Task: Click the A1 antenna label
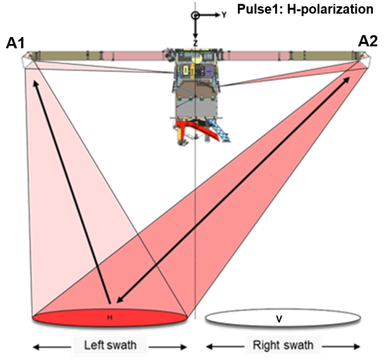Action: coord(15,43)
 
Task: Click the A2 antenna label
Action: coord(368,41)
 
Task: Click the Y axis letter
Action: coord(224,15)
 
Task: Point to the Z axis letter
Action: coord(195,43)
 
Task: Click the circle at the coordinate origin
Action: coord(195,15)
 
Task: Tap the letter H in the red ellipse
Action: coord(110,317)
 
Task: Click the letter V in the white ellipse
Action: coord(279,319)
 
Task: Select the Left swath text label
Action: coord(110,345)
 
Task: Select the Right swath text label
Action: coord(283,345)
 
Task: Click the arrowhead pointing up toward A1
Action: coord(36,84)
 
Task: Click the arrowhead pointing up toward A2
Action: coord(346,80)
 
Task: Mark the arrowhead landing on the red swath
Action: coord(120,300)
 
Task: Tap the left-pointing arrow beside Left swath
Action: coord(52,347)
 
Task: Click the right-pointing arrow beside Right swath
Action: coord(341,346)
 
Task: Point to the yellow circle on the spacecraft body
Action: coord(197,58)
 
